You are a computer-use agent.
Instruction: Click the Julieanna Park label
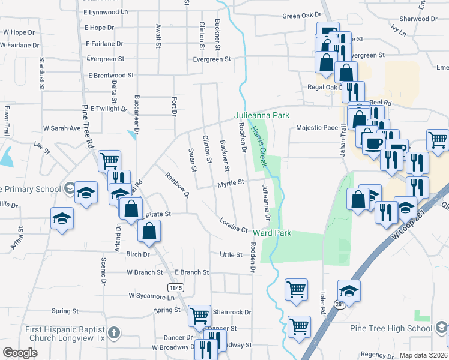tap(262, 115)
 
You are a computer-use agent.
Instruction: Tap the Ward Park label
tap(272, 233)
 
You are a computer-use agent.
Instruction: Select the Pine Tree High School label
tap(391, 328)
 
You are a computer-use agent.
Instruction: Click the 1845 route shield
tap(175, 288)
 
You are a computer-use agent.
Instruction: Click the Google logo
tap(20, 353)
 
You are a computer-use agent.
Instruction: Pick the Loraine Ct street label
tap(234, 225)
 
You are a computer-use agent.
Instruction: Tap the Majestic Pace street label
tap(317, 128)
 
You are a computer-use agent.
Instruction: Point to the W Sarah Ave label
tap(62, 128)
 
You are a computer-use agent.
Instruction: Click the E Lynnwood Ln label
tap(106, 12)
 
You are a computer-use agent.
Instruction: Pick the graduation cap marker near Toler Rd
tap(349, 290)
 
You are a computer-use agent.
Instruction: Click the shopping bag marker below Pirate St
tap(149, 230)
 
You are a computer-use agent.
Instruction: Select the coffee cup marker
tap(374, 144)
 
